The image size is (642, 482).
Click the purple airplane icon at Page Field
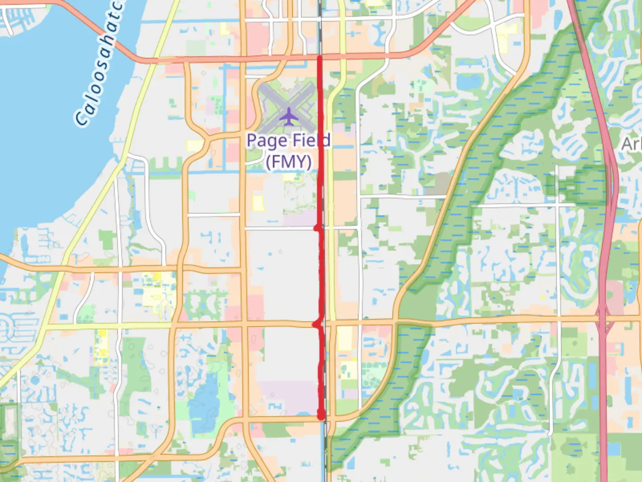point(289,116)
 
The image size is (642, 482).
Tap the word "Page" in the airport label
point(267,141)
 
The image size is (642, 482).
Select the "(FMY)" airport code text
point(288,161)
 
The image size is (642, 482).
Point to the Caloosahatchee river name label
point(99,62)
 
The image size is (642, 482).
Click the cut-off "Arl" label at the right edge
point(632,144)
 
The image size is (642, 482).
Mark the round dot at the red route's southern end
point(321,416)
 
